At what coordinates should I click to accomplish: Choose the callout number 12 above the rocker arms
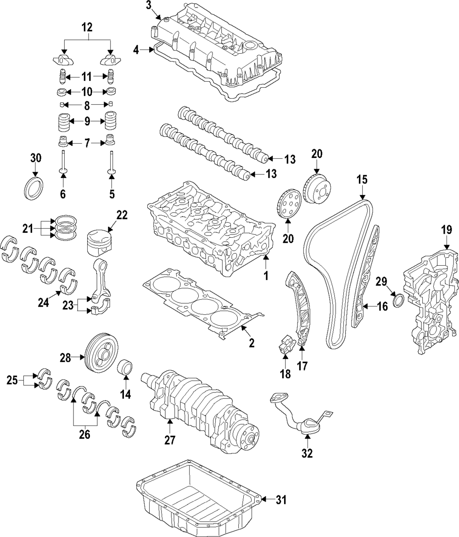87,28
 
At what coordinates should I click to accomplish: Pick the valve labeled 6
63,160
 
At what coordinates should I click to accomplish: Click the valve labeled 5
112,160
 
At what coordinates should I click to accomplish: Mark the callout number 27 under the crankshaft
170,440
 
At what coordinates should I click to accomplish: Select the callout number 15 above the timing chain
362,179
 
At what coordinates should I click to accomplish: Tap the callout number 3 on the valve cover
148,6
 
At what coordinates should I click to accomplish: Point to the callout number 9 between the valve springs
87,122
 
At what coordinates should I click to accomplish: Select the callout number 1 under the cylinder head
265,276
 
